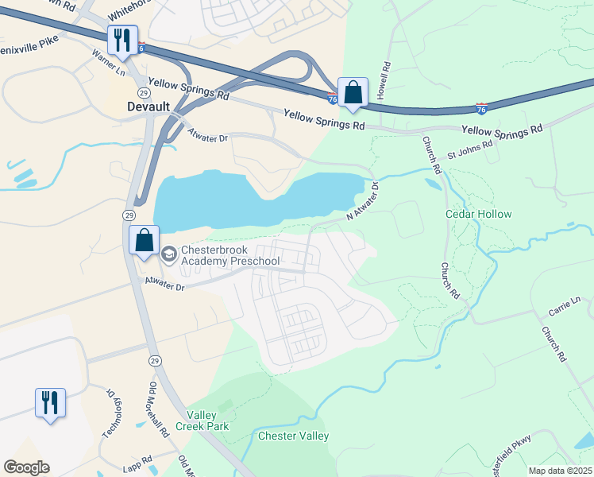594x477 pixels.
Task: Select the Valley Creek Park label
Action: (x=207, y=421)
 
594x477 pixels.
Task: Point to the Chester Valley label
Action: (x=293, y=436)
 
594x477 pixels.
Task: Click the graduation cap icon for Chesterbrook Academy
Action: (x=168, y=254)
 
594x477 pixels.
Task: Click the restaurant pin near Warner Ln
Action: (x=122, y=39)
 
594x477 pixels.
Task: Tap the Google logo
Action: (x=26, y=467)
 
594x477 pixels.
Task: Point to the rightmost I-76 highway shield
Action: (x=481, y=105)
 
